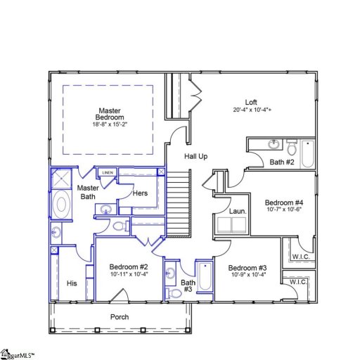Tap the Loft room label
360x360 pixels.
click(250, 101)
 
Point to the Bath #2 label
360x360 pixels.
click(281, 162)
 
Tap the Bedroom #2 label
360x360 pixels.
click(129, 266)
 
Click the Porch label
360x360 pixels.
click(120, 317)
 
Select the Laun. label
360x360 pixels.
click(237, 211)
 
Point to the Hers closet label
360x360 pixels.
click(140, 193)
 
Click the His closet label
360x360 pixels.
click(71, 283)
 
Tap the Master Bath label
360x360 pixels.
click(88, 192)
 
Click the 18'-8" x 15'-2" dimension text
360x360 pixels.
click(109, 124)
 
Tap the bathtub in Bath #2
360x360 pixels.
click(307, 154)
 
